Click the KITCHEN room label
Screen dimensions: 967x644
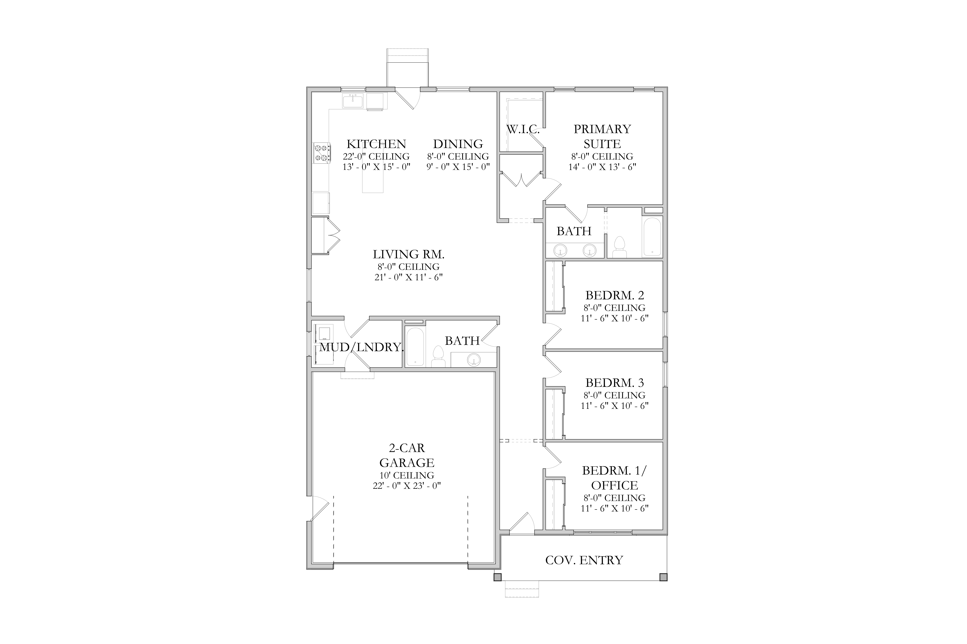pyautogui.click(x=376, y=144)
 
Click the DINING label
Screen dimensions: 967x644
pyautogui.click(x=458, y=144)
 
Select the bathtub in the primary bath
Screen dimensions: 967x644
pyautogui.click(x=652, y=237)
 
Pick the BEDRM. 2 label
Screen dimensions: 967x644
pyautogui.click(x=615, y=295)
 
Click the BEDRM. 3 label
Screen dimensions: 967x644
pyautogui.click(x=615, y=383)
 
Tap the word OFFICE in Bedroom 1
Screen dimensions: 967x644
pyautogui.click(x=615, y=485)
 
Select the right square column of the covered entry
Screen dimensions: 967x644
pyautogui.click(x=663, y=577)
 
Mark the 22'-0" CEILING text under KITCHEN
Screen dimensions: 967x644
pyautogui.click(x=376, y=156)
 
